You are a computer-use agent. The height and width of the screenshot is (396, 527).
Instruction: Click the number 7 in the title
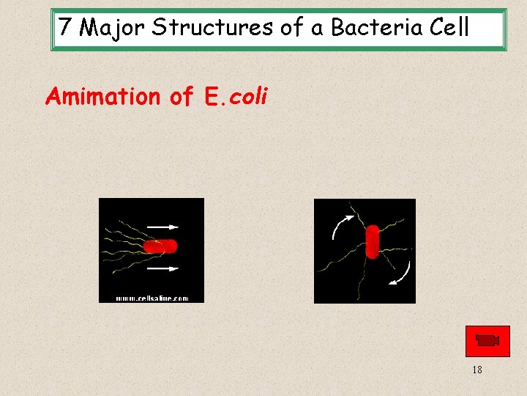[x=66, y=28]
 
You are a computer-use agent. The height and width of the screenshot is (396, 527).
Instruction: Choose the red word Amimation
[x=102, y=96]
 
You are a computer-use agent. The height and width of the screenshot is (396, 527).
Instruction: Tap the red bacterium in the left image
[x=160, y=246]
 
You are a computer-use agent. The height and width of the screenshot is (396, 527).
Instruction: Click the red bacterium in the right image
[x=373, y=241]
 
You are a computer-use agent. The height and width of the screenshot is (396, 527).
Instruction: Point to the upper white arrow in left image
[x=163, y=227]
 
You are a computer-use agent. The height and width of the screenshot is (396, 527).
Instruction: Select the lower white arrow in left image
[x=163, y=268]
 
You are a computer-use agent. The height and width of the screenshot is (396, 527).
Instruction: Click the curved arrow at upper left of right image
[x=341, y=225]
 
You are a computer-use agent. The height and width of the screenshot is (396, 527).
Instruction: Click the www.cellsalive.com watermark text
[x=152, y=298]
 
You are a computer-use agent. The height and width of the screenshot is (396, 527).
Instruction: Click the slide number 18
[x=477, y=370]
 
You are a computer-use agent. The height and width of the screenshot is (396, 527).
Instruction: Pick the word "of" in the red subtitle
[x=182, y=96]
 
